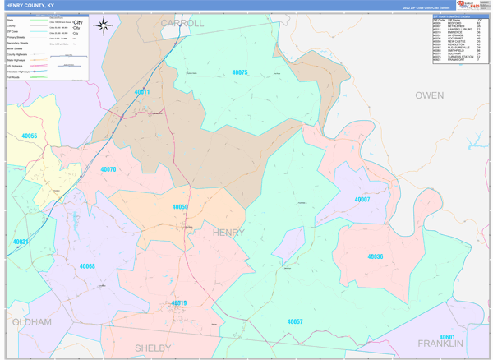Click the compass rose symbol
pyautogui.click(x=104, y=25)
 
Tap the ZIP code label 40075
pyautogui.click(x=239, y=73)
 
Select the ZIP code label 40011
pyautogui.click(x=141, y=93)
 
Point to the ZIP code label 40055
pyautogui.click(x=30, y=136)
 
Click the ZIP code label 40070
pyautogui.click(x=108, y=170)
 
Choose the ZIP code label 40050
pyautogui.click(x=180, y=207)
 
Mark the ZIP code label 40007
pyautogui.click(x=362, y=200)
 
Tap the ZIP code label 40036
pyautogui.click(x=376, y=256)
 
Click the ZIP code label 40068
pyautogui.click(x=87, y=266)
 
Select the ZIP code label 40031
pyautogui.click(x=20, y=242)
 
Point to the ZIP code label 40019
pyautogui.click(x=179, y=303)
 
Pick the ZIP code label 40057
pyautogui.click(x=295, y=321)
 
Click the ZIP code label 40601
pyautogui.click(x=448, y=337)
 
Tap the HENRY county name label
pyautogui.click(x=228, y=233)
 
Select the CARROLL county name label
pyautogui.click(x=182, y=24)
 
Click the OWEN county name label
pyautogui.click(x=429, y=95)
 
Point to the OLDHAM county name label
pyautogui.click(x=32, y=321)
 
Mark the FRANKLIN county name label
pyautogui.click(x=440, y=343)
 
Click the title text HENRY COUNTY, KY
pyautogui.click(x=33, y=5)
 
